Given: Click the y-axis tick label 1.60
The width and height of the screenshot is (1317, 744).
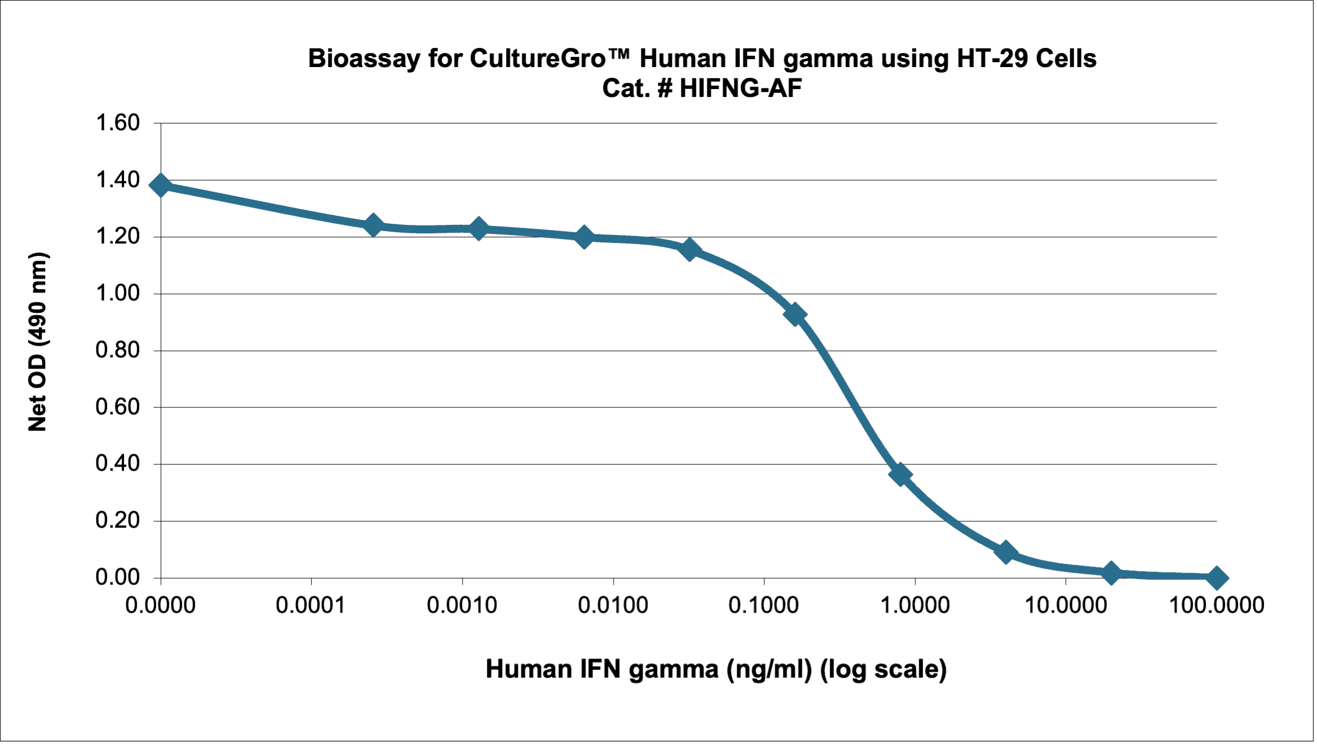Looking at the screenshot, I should point(117,123).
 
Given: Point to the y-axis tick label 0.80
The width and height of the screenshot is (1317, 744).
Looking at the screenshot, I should point(117,350).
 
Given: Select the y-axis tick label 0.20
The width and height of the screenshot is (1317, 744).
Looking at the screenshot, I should point(117,520).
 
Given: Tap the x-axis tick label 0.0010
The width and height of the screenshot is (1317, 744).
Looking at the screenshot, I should point(462,605).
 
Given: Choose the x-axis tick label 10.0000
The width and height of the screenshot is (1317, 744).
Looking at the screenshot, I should point(1065,605).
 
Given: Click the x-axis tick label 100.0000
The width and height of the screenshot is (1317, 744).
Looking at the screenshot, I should point(1216,605).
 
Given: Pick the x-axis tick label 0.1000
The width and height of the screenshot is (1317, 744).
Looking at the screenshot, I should point(764,605).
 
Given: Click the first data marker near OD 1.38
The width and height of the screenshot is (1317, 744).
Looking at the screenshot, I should point(161,185).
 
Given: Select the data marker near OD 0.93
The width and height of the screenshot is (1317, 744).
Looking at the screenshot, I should point(795,315).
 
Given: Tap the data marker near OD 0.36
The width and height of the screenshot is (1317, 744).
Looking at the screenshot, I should point(901,475).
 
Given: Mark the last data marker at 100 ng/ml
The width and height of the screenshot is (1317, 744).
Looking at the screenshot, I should point(1217,578).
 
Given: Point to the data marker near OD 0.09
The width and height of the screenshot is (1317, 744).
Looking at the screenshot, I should point(1006,552).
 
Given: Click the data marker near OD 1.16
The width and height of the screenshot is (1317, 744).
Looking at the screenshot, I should point(689,249).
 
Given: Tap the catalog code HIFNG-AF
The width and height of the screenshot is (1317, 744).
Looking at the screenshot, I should point(740,88).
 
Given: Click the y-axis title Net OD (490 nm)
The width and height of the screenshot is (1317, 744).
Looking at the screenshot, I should point(38,342).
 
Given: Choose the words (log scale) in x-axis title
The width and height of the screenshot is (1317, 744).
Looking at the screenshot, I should point(883,670).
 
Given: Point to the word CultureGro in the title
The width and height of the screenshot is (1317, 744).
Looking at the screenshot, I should point(538,59).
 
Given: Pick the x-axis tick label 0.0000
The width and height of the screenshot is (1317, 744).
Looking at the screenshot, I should point(160,605).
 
